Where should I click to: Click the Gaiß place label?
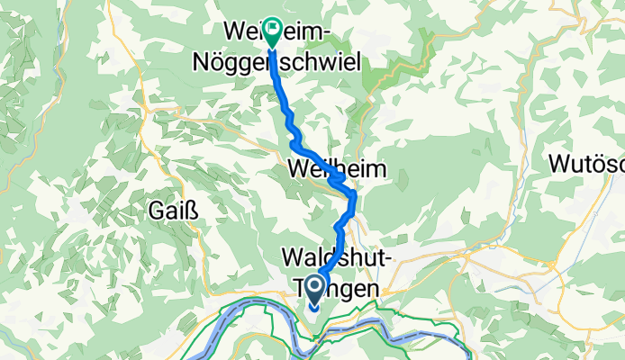[x=172, y=211]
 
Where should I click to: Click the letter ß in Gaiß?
[x=192, y=211]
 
